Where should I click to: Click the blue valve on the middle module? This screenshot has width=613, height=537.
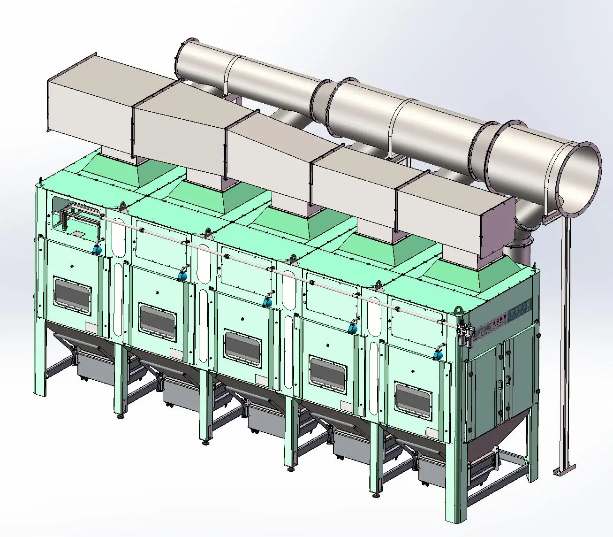pyautogui.click(x=268, y=301)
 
